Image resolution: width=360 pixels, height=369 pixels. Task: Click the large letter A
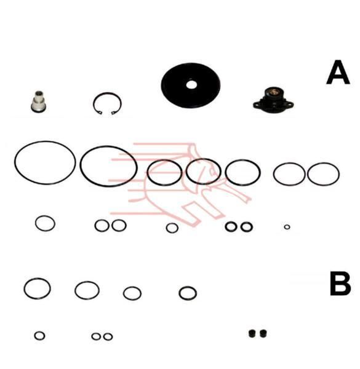pyautogui.click(x=338, y=73)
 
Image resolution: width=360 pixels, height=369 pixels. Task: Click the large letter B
pyautogui.click(x=340, y=284)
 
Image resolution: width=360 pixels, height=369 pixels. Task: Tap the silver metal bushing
pyautogui.click(x=38, y=101)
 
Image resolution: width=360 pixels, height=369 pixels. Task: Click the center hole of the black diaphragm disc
pyautogui.click(x=191, y=85)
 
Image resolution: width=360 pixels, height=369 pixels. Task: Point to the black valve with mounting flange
pyautogui.click(x=273, y=100)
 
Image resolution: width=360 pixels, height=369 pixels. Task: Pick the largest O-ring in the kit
pyautogui.click(x=15, y=162)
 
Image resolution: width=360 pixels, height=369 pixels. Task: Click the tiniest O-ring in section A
pyautogui.click(x=287, y=227)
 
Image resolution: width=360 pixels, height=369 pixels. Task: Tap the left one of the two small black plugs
pyautogui.click(x=252, y=333)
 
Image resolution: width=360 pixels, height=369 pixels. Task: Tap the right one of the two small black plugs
pyautogui.click(x=263, y=333)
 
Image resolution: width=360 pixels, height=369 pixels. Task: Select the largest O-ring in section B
pyautogui.click(x=24, y=288)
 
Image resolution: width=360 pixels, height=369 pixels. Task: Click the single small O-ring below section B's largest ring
pyautogui.click(x=35, y=336)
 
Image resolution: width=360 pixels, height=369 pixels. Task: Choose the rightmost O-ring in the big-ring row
pyautogui.click(x=308, y=174)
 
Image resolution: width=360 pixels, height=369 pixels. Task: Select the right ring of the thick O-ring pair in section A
pyautogui.click(x=242, y=227)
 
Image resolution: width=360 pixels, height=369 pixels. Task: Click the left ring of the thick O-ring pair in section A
pyautogui.click(x=226, y=226)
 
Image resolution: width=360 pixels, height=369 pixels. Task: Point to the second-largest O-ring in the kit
pyautogui.click(x=81, y=166)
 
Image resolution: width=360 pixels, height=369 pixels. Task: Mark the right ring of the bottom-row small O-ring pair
pyautogui.click(x=104, y=337)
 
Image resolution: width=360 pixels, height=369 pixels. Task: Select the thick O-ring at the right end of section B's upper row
pyautogui.click(x=180, y=293)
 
